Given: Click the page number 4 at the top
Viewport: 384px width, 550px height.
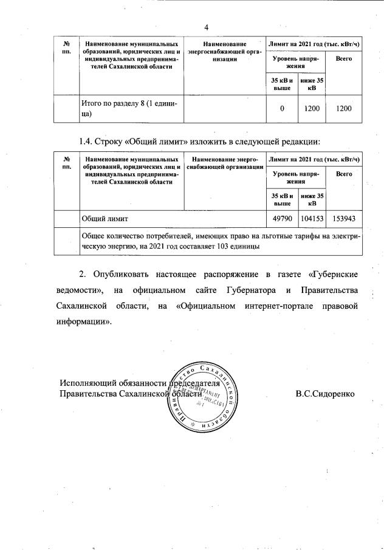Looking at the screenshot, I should [x=206, y=27].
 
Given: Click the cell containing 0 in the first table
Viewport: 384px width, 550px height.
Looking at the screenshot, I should [x=282, y=108].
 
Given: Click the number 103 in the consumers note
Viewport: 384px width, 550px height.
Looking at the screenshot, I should [x=224, y=247].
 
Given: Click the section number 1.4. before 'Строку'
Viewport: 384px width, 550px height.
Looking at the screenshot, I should [x=89, y=142].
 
